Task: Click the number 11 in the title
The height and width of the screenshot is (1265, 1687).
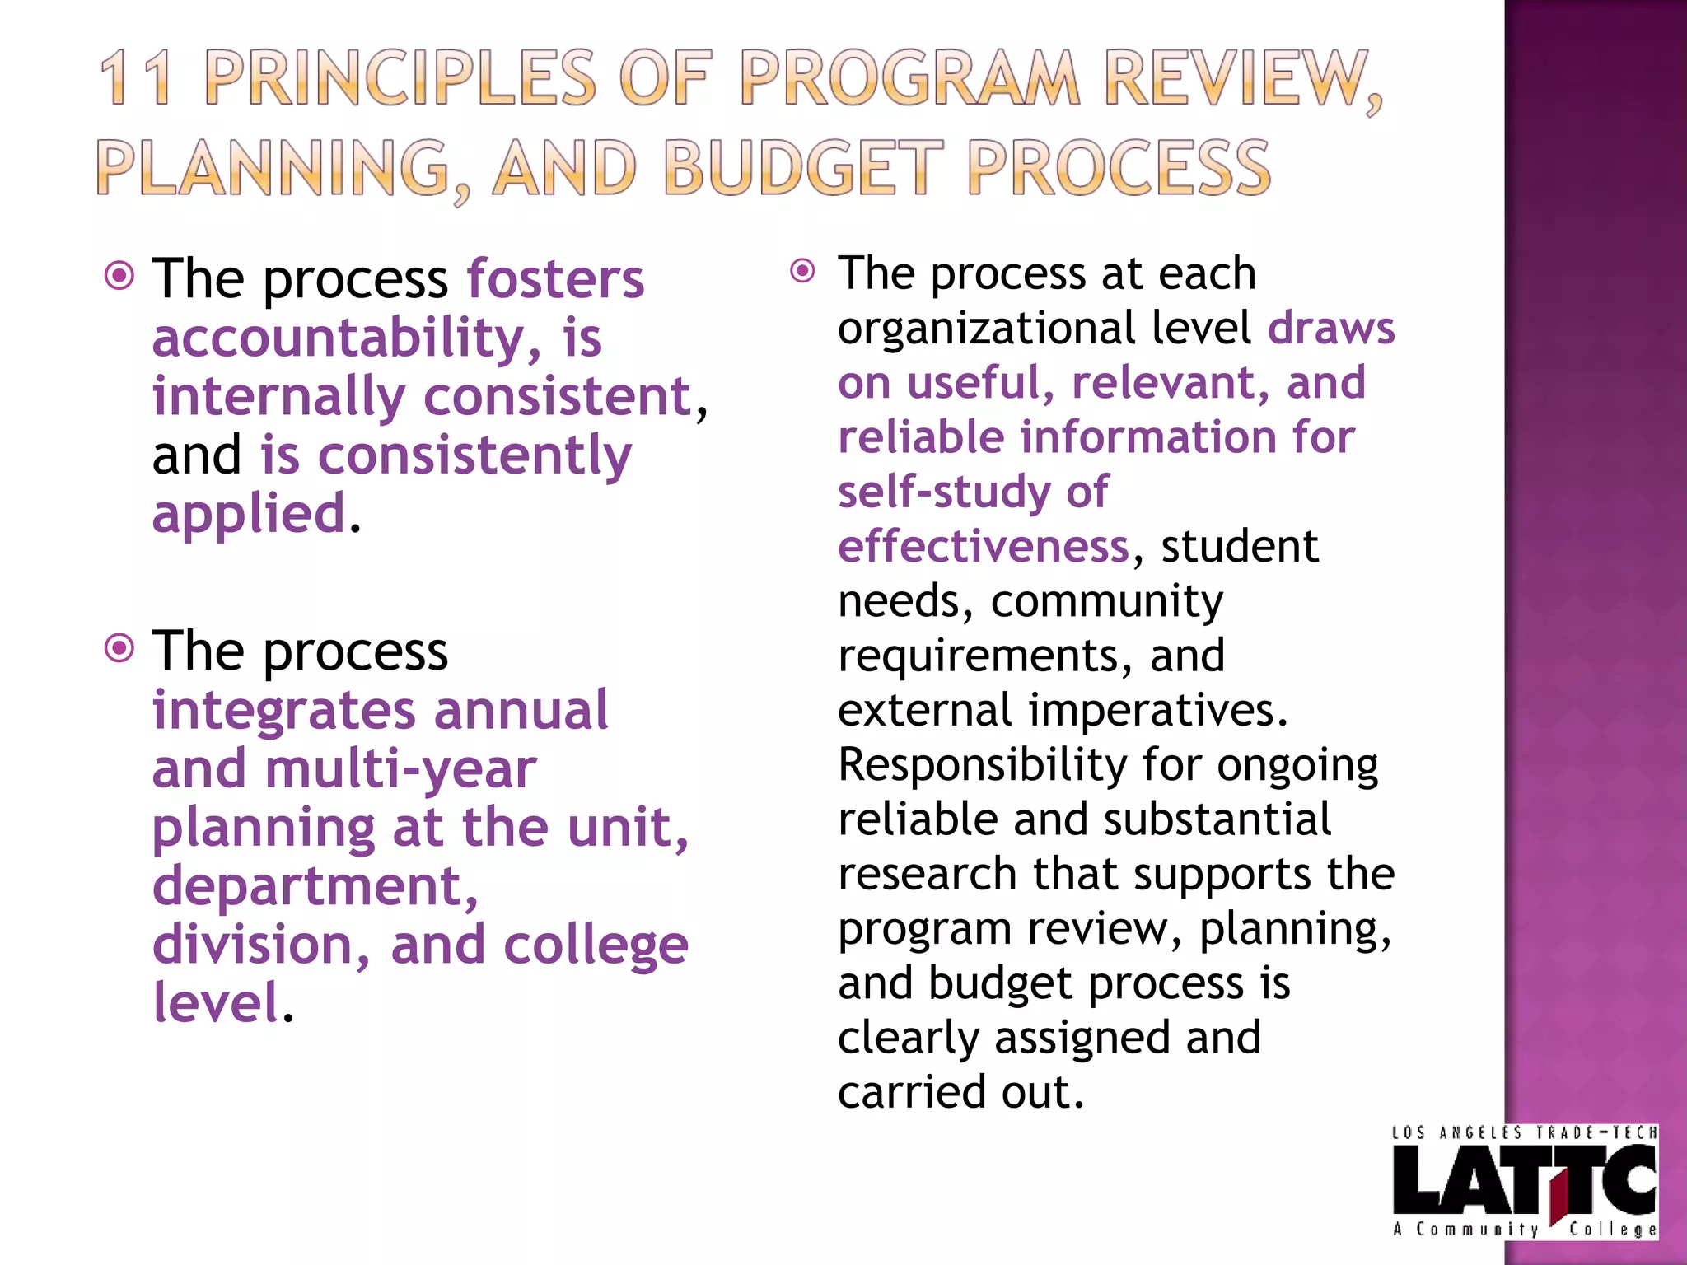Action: coord(136,78)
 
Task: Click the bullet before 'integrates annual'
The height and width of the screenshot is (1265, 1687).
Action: coord(120,648)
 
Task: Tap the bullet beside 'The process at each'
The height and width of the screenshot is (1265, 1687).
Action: coord(802,270)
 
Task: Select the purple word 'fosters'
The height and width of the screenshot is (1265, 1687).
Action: coord(555,279)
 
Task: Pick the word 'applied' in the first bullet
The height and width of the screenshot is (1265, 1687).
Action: coord(249,513)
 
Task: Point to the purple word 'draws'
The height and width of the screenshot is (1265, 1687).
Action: coord(1331,328)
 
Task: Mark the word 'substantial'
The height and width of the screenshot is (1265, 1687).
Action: coord(1217,819)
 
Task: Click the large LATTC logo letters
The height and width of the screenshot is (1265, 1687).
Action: coord(1524,1180)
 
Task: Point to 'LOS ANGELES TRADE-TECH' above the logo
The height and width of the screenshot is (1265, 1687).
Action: coord(1524,1133)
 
